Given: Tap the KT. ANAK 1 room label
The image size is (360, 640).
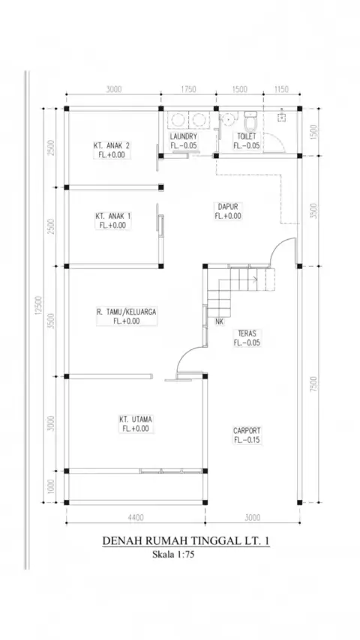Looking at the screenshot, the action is pyautogui.click(x=113, y=216).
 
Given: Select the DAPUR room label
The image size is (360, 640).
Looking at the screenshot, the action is pyautogui.click(x=227, y=207).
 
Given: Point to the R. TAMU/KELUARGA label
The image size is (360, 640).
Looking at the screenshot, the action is pyautogui.click(x=127, y=312).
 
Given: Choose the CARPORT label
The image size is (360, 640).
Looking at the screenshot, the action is pyautogui.click(x=247, y=431).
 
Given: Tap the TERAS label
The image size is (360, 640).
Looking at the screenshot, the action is pyautogui.click(x=247, y=333).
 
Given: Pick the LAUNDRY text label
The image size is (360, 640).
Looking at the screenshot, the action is pyautogui.click(x=184, y=136).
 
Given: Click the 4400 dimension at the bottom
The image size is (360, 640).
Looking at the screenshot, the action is pyautogui.click(x=136, y=518).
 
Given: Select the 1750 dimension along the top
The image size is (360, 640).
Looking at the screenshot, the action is pyautogui.click(x=188, y=89).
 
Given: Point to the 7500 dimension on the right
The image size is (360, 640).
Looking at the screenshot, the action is pyautogui.click(x=313, y=384).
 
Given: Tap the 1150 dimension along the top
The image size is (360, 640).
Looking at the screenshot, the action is pyautogui.click(x=281, y=89).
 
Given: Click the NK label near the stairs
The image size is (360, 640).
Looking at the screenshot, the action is pyautogui.click(x=220, y=321).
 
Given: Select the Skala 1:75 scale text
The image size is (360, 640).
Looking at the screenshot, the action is pyautogui.click(x=173, y=555).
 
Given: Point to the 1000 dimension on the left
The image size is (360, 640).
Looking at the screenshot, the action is pyautogui.click(x=51, y=486).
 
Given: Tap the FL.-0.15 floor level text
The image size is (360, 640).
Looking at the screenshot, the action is pyautogui.click(x=247, y=440).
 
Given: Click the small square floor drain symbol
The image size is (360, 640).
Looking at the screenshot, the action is pyautogui.click(x=281, y=117).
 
